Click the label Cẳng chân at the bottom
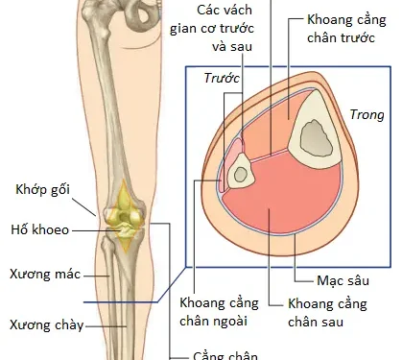[x=225, y=352]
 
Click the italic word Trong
[x=367, y=112]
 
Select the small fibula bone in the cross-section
[x=242, y=173]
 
